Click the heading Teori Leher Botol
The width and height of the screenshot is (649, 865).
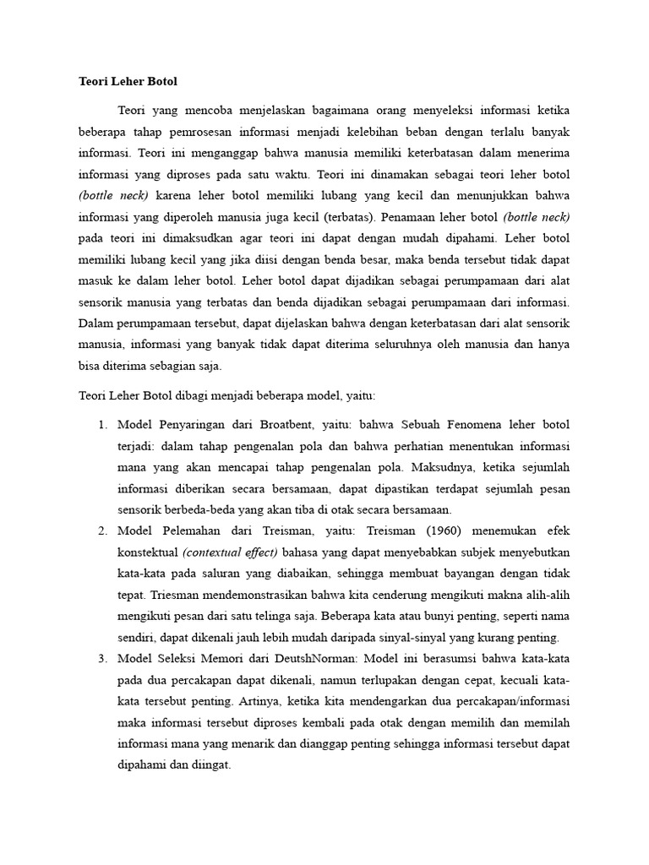point(128,82)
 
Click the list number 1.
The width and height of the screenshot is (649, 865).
point(102,423)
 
